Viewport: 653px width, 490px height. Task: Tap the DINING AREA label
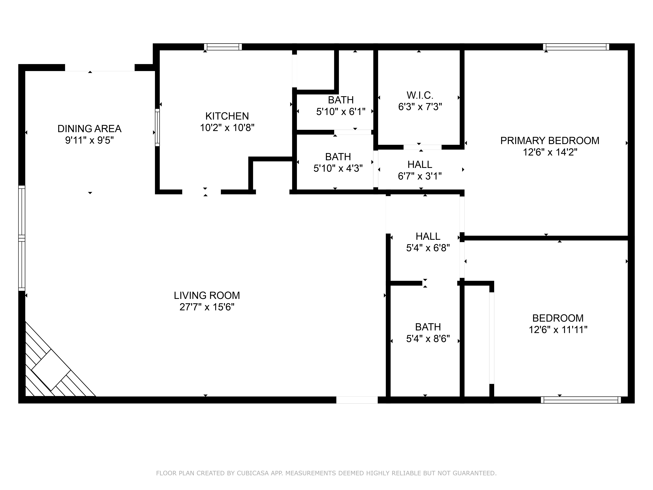tap(89, 129)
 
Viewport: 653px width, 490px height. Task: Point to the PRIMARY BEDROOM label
tap(550, 141)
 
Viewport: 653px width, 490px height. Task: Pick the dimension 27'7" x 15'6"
tap(207, 307)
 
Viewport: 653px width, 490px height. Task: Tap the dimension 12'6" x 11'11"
tap(558, 330)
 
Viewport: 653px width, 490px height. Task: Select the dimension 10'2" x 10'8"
tap(227, 128)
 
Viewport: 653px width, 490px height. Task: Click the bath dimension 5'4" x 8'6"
tap(428, 339)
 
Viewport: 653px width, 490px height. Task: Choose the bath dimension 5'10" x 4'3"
tap(338, 168)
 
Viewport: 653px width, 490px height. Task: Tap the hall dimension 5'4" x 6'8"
tap(428, 248)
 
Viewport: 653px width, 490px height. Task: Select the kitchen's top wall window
tap(223, 47)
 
